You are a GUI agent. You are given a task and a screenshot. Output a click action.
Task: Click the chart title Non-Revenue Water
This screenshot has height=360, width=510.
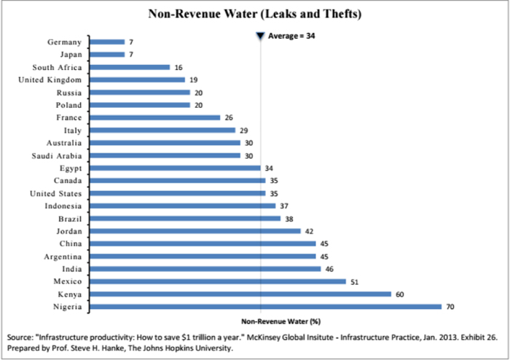pyautogui.click(x=255, y=13)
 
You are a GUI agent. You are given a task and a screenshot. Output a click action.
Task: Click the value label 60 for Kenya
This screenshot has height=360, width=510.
pyautogui.click(x=400, y=294)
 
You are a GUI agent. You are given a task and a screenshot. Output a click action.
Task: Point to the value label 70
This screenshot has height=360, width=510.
pyautogui.click(x=450, y=307)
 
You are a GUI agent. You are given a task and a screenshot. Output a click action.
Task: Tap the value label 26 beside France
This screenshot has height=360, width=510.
pyautogui.click(x=228, y=117)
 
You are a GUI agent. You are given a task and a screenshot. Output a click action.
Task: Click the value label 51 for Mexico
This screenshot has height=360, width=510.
pyautogui.click(x=355, y=281)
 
